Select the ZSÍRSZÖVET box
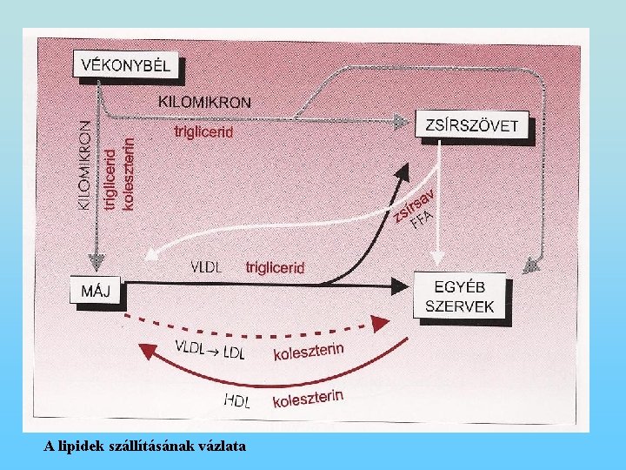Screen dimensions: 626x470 [472, 125]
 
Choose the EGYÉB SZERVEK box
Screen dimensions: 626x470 [460, 296]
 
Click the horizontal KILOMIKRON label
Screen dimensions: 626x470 [206, 102]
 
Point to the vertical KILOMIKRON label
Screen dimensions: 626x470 [84, 164]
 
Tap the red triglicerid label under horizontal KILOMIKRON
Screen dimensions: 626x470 [204, 131]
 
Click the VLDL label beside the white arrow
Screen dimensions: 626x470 [205, 266]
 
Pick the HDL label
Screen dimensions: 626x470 [237, 401]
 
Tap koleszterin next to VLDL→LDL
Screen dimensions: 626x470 [309, 352]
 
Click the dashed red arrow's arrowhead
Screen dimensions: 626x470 [379, 325]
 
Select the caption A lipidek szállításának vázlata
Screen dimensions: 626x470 [145, 446]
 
